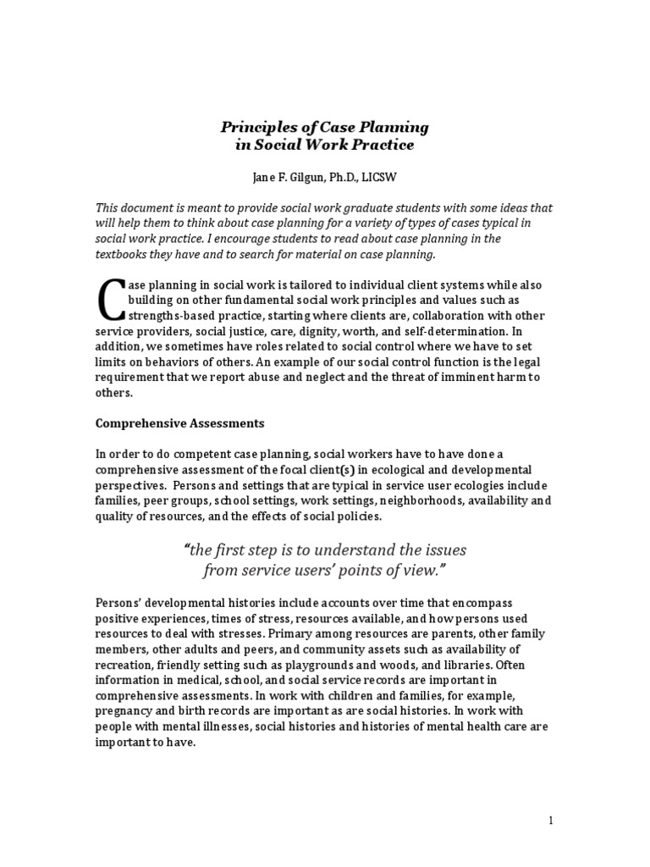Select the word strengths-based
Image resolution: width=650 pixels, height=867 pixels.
(169, 315)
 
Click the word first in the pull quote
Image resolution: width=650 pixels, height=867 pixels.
(245, 549)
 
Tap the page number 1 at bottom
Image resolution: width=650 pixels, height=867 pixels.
(550, 820)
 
